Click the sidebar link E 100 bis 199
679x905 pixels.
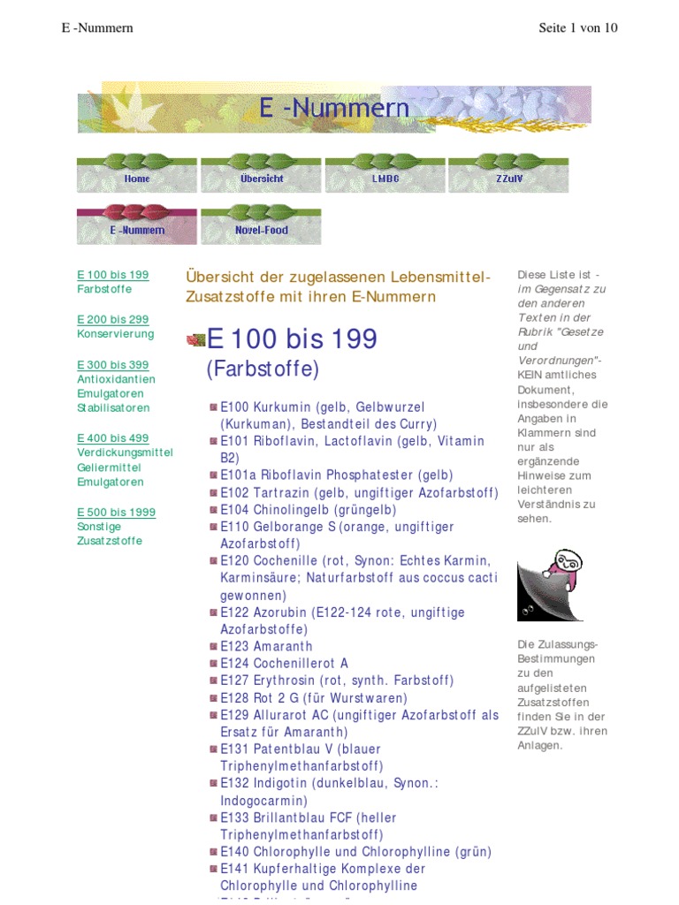[112, 275]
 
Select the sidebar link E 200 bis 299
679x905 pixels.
[112, 319]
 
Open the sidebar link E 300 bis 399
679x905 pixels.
[112, 364]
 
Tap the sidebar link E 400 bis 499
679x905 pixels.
[112, 437]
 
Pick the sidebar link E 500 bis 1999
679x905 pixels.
[116, 512]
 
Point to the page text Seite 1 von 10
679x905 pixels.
[578, 27]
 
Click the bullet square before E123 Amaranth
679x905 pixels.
[214, 647]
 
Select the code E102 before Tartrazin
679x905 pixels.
[235, 493]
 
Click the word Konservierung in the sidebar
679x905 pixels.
[115, 334]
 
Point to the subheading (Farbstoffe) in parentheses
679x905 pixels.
[263, 369]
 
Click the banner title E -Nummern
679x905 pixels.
[334, 109]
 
